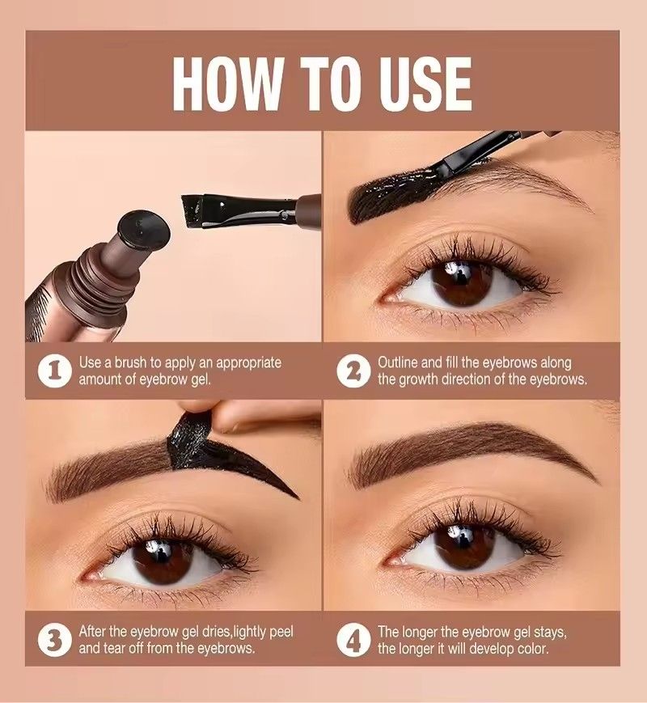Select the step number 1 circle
[x=53, y=371]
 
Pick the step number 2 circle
[x=353, y=371]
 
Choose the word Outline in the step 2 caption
[x=399, y=363]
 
